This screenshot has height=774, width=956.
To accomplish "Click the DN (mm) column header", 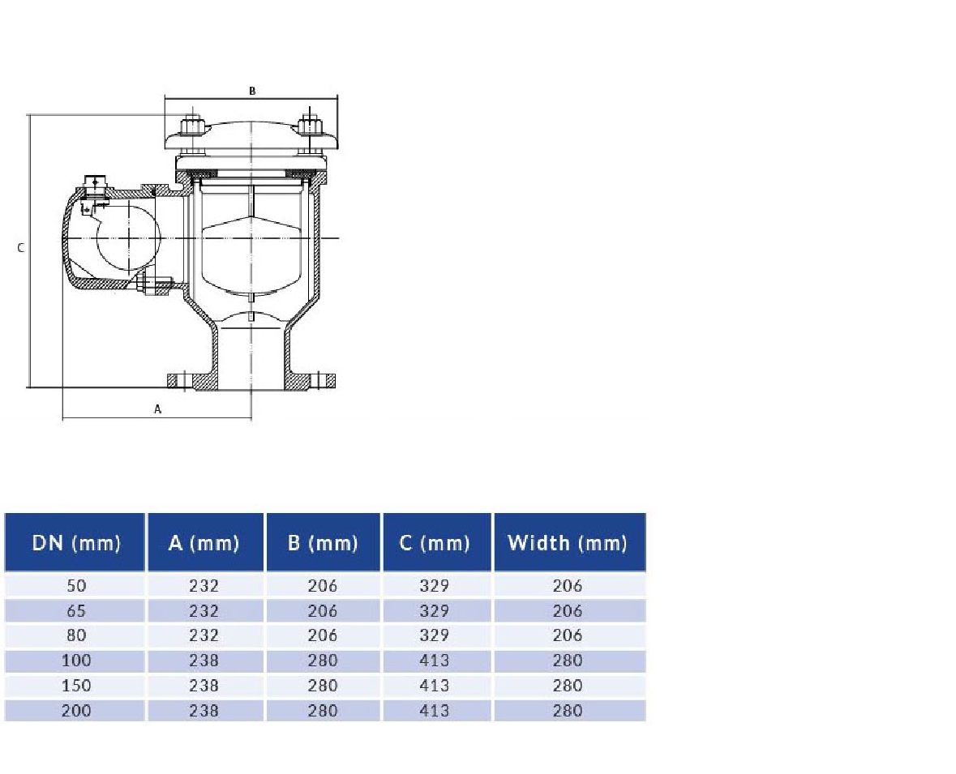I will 75,542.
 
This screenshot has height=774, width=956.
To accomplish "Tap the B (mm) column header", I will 323,542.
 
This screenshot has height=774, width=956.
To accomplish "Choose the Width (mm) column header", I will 568,542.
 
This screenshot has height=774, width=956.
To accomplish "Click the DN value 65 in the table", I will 75,610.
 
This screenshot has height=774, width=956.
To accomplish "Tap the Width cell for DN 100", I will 568,661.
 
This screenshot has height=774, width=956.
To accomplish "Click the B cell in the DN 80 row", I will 323,635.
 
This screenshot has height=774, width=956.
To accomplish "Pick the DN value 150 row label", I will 75,686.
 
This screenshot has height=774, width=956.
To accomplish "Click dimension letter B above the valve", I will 252,92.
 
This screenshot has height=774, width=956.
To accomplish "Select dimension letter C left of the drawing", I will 22,248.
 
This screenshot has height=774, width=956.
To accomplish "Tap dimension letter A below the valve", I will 158,409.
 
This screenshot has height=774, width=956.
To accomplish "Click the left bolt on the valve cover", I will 192,127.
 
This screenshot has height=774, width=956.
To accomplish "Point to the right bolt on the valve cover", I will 311,127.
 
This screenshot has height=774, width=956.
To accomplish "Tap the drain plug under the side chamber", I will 153,284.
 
